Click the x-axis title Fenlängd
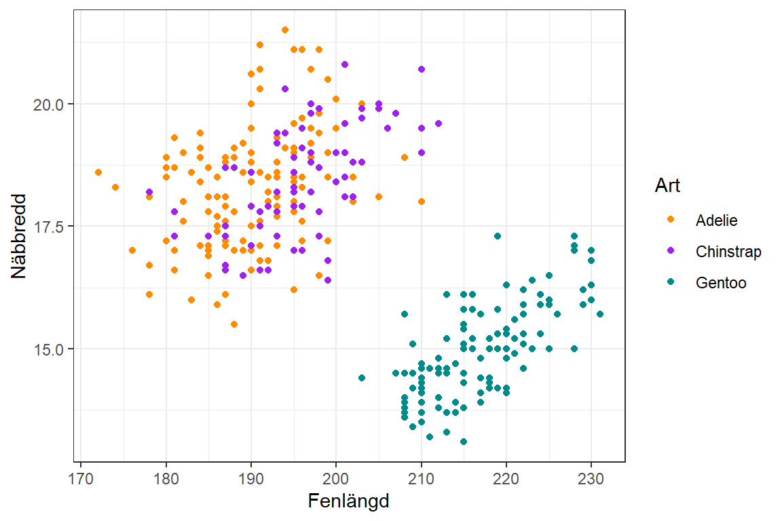point(348,501)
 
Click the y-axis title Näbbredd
point(19,236)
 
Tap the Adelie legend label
point(716,220)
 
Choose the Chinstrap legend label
point(728,252)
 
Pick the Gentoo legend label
point(721,283)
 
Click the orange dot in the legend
point(671,220)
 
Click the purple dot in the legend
point(671,252)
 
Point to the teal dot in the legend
point(671,283)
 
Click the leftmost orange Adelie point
point(98,172)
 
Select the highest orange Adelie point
point(285,30)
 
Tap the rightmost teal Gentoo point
point(599,314)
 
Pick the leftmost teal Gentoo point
point(362,378)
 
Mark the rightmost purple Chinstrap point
point(439,123)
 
